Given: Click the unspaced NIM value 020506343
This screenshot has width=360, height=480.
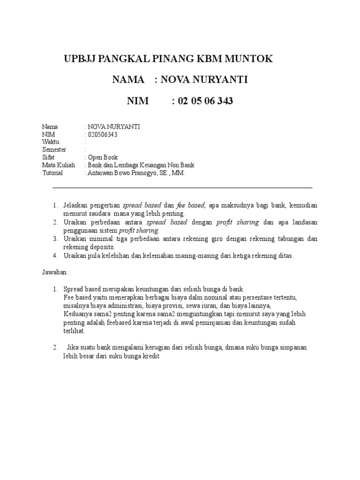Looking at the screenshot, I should (102, 135).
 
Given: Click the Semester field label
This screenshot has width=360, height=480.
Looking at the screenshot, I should (54, 150).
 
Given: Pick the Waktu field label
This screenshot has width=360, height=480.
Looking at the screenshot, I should (51, 142).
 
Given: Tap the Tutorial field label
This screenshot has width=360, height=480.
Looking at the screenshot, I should (52, 173).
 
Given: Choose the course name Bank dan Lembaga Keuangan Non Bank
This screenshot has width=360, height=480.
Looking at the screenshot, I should (141, 165).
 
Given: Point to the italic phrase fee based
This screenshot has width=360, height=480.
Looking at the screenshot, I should (191, 206).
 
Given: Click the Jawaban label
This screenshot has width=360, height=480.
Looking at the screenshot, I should (56, 272).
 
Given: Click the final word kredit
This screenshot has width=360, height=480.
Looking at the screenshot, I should (151, 356).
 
